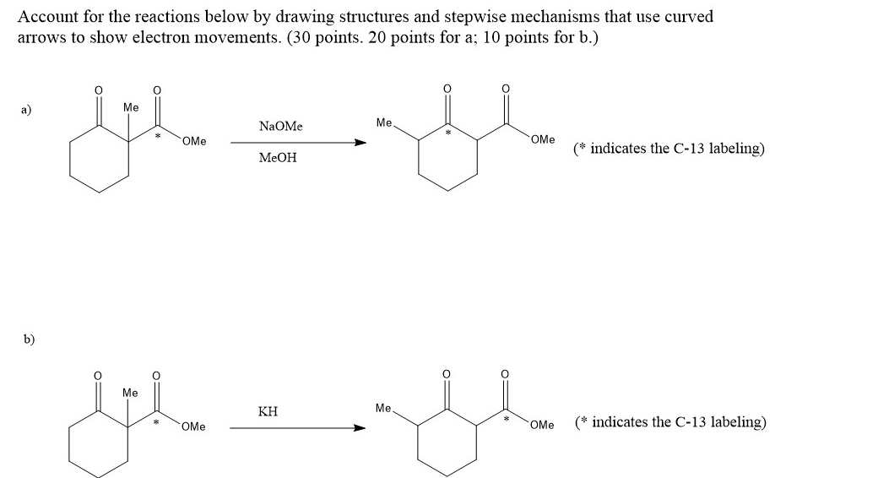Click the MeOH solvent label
pos(278,158)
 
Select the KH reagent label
pos(268,412)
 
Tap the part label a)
pos(28,109)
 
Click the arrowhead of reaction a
pos(360,143)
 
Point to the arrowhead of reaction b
pos(360,427)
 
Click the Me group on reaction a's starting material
pos(130,107)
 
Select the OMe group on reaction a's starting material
pos(193,141)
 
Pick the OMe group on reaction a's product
pos(543,139)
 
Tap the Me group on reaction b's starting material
pos(130,393)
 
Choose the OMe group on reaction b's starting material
pos(193,426)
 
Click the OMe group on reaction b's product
pos(543,425)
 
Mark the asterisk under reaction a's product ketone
pos(448,133)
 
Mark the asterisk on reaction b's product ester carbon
pos(506,418)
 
